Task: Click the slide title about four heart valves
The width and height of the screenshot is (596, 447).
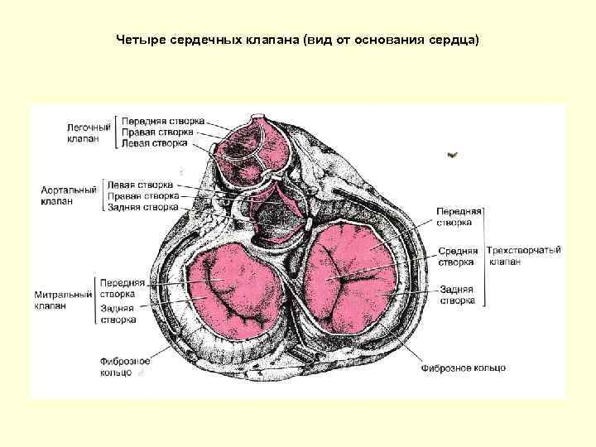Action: [x=298, y=40]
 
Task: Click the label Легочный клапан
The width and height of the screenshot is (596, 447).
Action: [x=89, y=133]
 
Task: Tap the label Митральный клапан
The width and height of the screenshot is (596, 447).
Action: [x=63, y=300]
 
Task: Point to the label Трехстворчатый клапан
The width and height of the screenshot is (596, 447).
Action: [x=523, y=256]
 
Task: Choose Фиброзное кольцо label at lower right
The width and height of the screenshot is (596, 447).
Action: [x=463, y=368]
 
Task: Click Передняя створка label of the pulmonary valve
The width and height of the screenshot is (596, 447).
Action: [x=163, y=121]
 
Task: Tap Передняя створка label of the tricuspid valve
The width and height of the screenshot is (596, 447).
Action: [x=455, y=217]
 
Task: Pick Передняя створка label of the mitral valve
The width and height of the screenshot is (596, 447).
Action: [x=122, y=288]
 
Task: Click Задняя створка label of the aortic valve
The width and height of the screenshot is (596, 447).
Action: [x=142, y=207]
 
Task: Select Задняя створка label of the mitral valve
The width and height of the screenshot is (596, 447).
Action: [x=118, y=314]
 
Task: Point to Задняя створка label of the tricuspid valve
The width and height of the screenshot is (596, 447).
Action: [x=457, y=296]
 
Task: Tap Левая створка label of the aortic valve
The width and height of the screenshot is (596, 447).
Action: [x=140, y=185]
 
